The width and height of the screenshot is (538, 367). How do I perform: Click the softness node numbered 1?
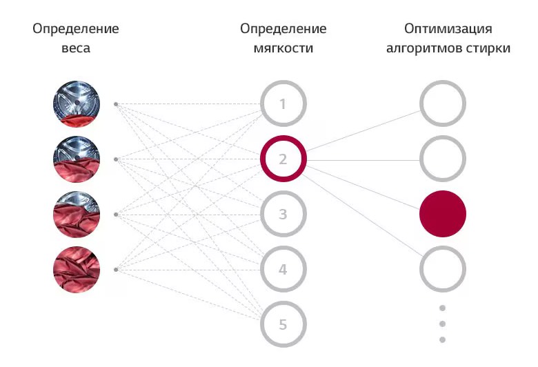(283, 104)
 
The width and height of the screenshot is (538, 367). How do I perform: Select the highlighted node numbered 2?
(283, 159)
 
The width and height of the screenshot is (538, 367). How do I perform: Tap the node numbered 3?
(283, 214)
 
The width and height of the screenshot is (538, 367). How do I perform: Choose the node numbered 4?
(283, 269)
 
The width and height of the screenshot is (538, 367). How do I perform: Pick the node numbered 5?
(283, 324)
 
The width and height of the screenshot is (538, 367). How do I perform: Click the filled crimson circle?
(443, 214)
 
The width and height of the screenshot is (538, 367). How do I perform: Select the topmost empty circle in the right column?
(443, 104)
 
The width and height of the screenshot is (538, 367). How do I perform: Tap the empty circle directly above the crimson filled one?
(443, 159)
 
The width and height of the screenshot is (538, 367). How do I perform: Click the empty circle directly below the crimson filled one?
(443, 269)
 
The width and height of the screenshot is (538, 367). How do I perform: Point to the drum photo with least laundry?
(77, 104)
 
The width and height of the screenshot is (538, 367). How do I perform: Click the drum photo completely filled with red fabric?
(77, 269)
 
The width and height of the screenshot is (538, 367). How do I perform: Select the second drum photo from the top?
(77, 159)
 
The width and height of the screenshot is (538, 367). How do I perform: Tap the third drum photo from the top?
(77, 214)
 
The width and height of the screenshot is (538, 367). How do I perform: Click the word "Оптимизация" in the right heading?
(448, 29)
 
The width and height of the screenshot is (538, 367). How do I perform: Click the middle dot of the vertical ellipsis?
(443, 324)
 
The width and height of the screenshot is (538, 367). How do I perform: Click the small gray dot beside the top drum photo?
(116, 104)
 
